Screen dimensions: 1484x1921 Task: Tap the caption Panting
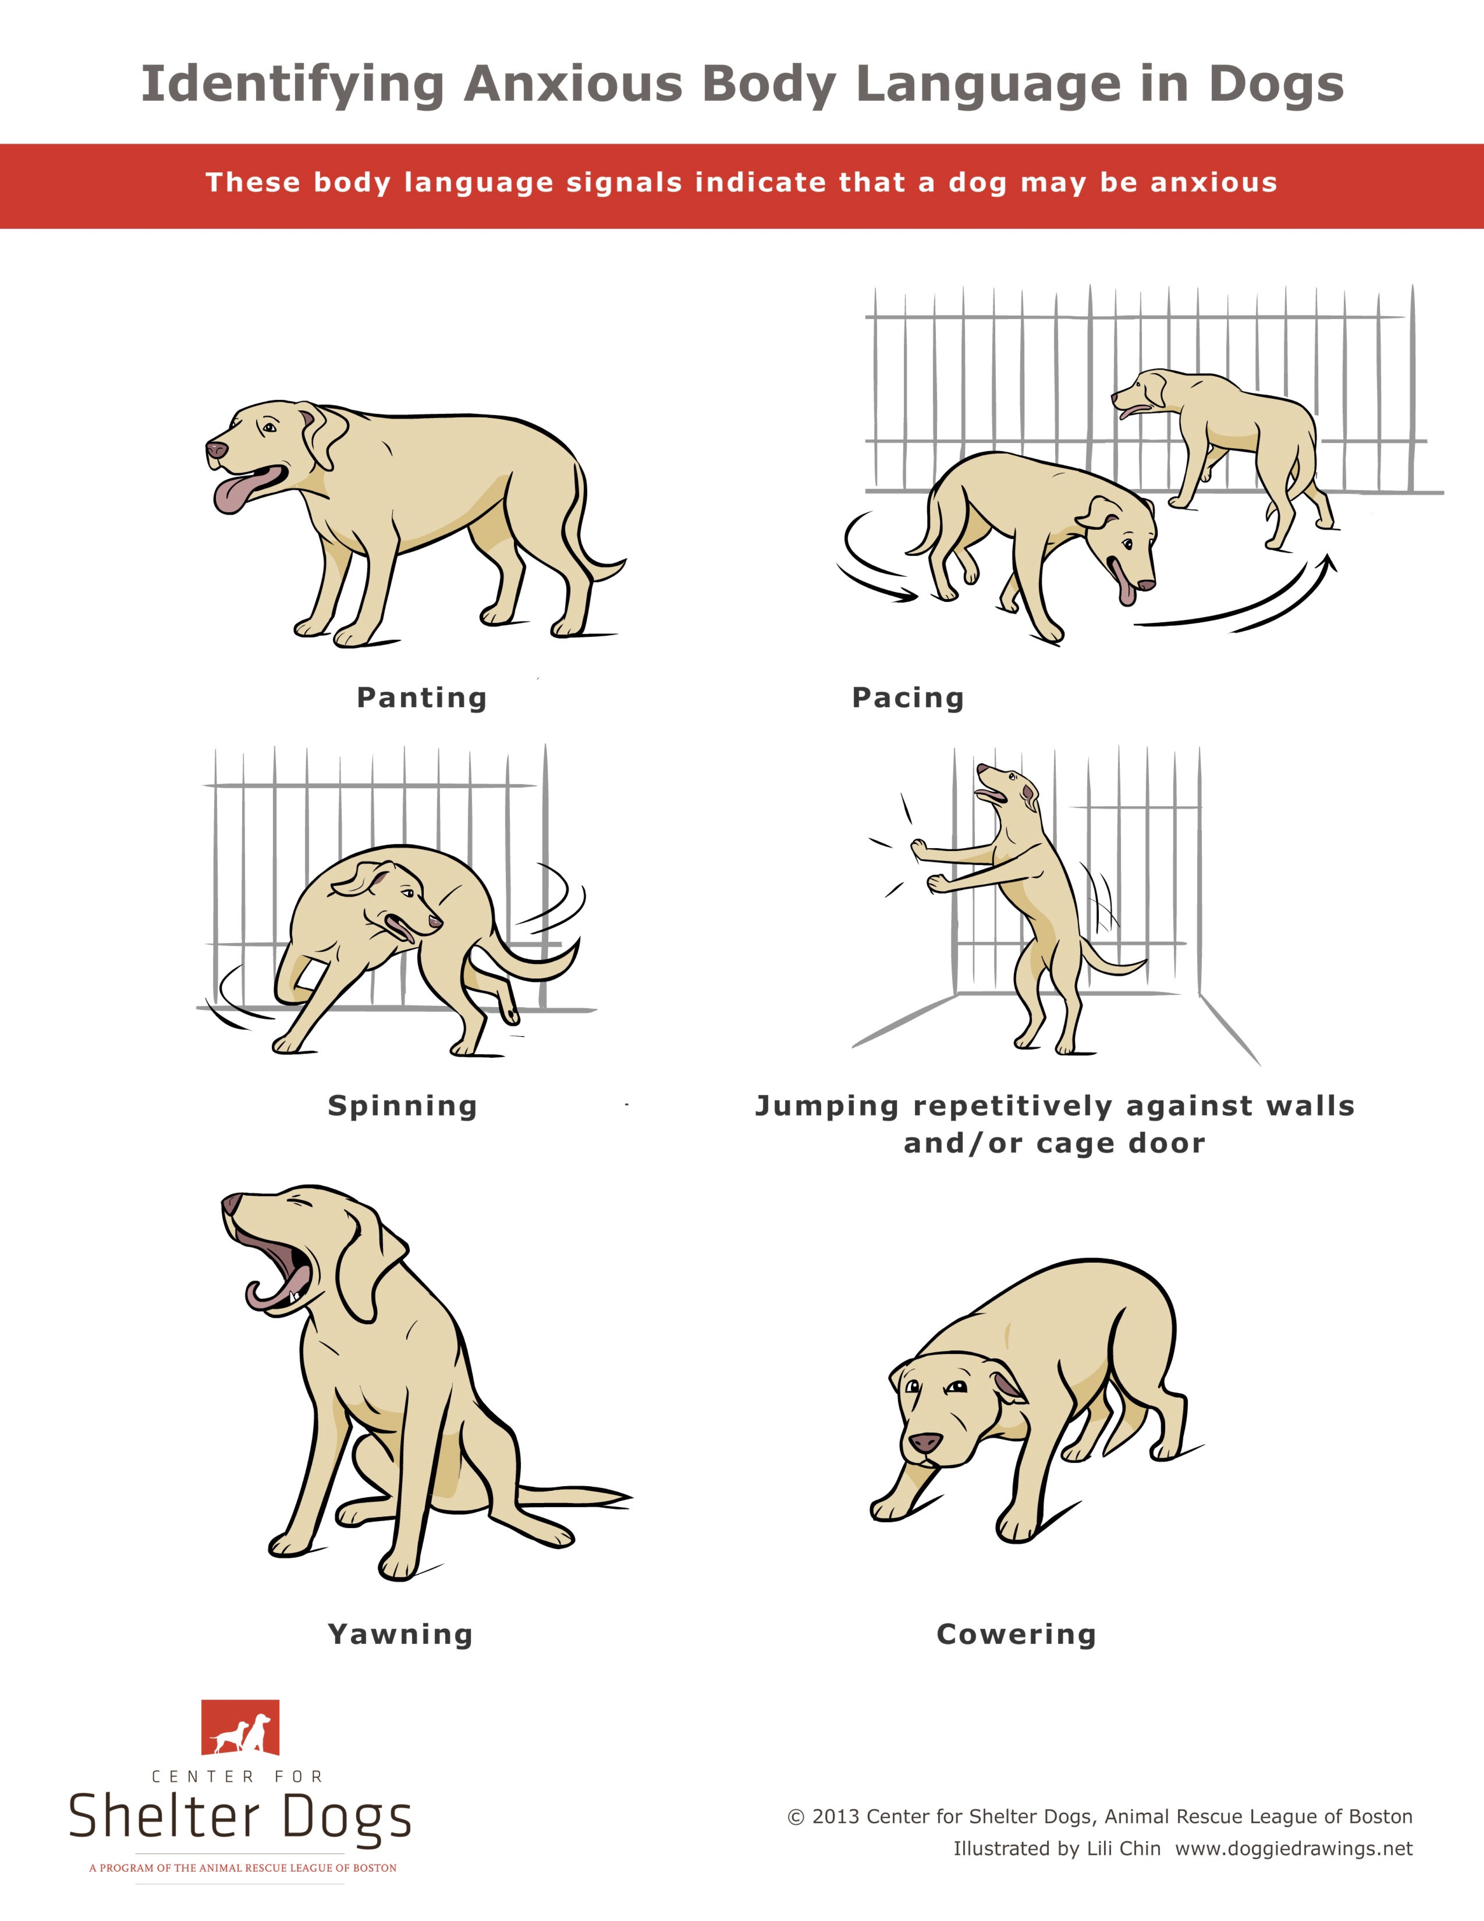(x=421, y=697)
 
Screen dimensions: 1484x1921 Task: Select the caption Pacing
(x=908, y=697)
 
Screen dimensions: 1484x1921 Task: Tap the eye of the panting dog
(x=268, y=428)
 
